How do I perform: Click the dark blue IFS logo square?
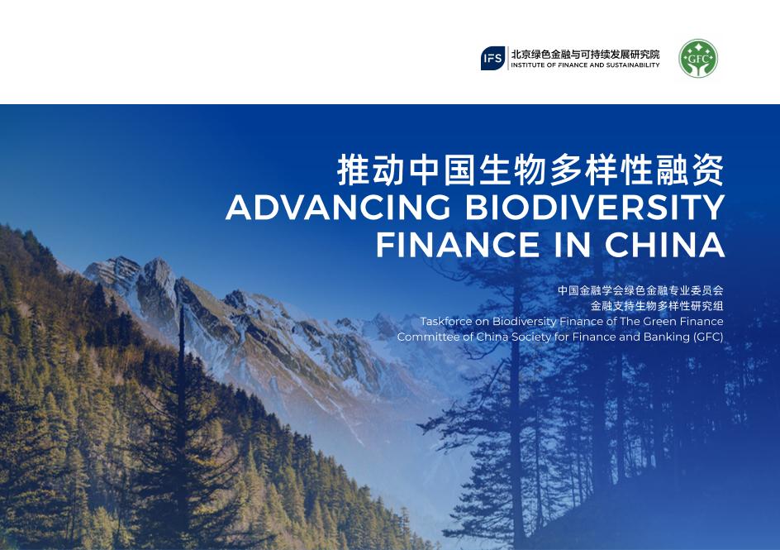(493, 59)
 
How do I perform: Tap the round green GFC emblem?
(697, 59)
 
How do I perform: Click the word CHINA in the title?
(664, 246)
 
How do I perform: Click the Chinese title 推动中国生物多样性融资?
(530, 170)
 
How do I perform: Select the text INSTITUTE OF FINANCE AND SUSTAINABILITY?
(585, 65)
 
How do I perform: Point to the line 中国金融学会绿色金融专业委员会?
(640, 290)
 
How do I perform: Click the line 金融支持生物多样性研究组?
(657, 306)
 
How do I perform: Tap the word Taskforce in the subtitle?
(446, 322)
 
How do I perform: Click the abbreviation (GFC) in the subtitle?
(708, 337)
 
